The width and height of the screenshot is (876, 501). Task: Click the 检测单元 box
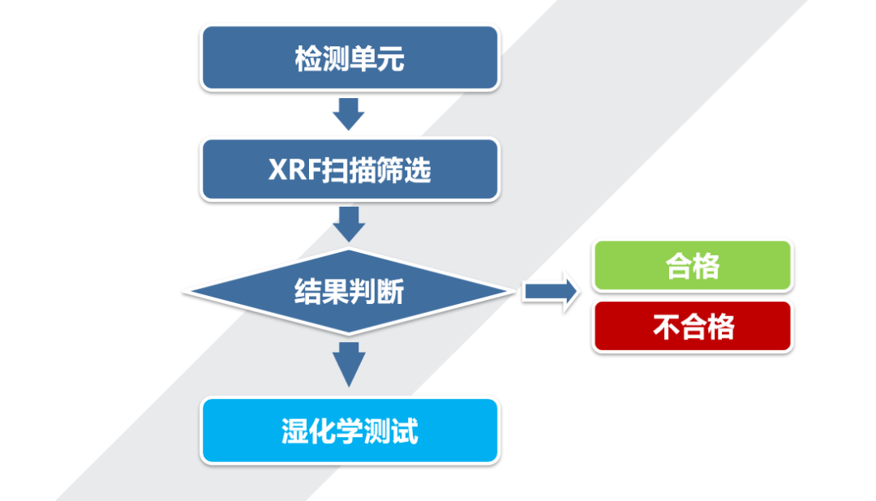[x=349, y=58]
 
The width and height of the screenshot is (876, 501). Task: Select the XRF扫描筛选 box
[x=349, y=169]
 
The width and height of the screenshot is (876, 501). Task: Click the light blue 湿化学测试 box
[x=349, y=430]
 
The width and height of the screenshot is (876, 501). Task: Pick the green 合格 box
[x=693, y=265]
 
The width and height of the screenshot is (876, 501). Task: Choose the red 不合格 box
[x=693, y=326]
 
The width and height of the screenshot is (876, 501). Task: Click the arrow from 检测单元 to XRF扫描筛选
[x=349, y=114]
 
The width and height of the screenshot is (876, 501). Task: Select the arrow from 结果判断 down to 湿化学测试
[x=349, y=364]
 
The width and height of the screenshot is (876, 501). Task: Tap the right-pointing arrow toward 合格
[x=550, y=292]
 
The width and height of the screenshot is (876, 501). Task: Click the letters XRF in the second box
[x=292, y=170]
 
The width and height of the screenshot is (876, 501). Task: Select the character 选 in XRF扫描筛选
[x=418, y=170]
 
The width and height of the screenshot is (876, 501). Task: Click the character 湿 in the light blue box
[x=295, y=431]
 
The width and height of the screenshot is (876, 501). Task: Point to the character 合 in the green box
[x=680, y=266]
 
